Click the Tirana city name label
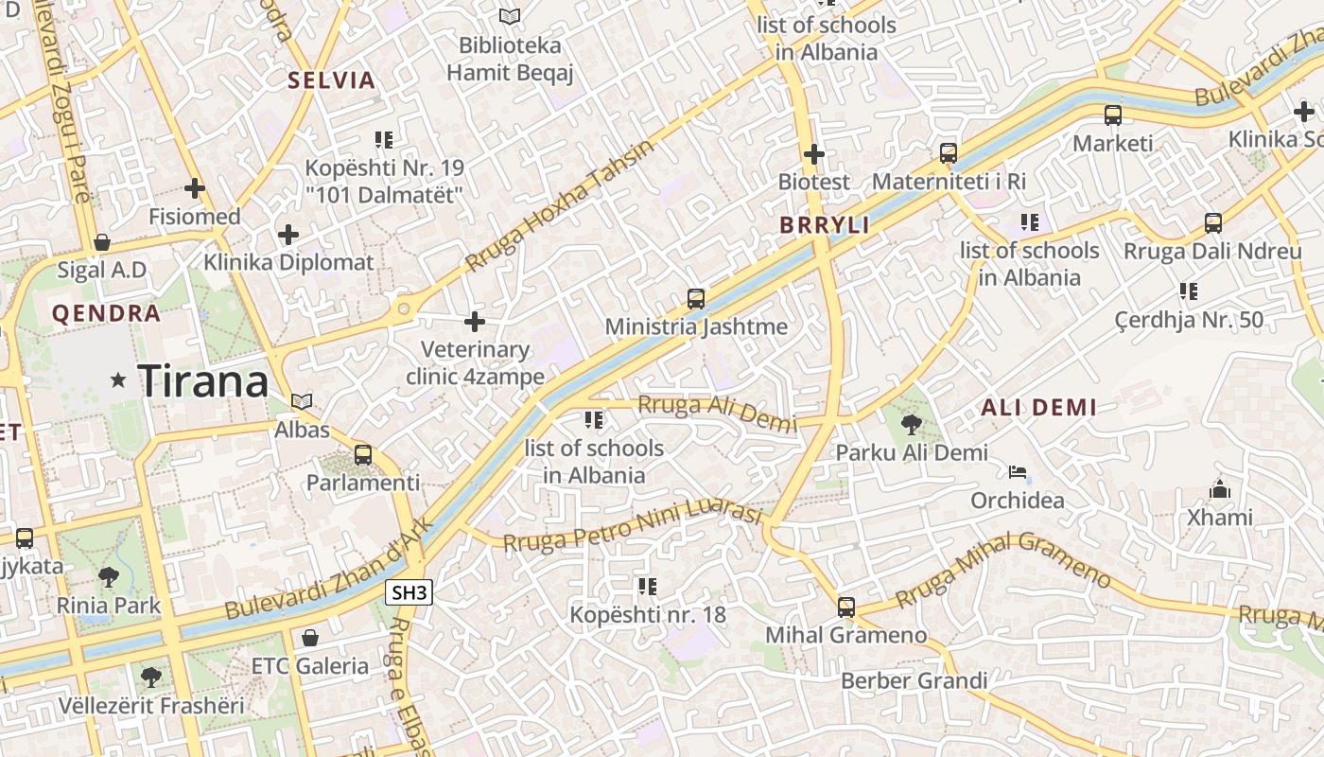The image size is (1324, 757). click(x=203, y=380)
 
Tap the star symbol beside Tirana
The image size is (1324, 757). click(x=118, y=380)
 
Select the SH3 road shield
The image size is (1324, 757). click(x=409, y=593)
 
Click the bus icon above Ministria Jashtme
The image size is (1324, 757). click(x=696, y=299)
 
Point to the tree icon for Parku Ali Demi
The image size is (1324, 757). click(x=911, y=424)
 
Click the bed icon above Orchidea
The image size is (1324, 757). click(x=1018, y=471)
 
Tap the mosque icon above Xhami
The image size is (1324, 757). click(x=1220, y=489)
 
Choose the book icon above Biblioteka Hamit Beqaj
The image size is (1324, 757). click(x=510, y=16)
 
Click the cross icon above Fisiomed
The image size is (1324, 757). click(x=195, y=188)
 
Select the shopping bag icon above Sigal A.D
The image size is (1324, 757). click(x=102, y=242)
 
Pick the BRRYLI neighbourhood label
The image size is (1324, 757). click(x=824, y=225)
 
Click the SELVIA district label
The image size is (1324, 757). click(x=332, y=80)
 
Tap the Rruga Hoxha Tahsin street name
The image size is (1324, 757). click(x=560, y=206)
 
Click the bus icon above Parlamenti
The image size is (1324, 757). click(x=363, y=454)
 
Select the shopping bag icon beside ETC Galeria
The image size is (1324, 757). click(x=309, y=637)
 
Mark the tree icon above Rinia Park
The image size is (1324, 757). click(x=109, y=576)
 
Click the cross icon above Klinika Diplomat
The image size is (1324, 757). click(x=288, y=234)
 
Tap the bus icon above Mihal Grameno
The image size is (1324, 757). click(x=846, y=607)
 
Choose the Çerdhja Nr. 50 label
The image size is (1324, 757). click(x=1189, y=320)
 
